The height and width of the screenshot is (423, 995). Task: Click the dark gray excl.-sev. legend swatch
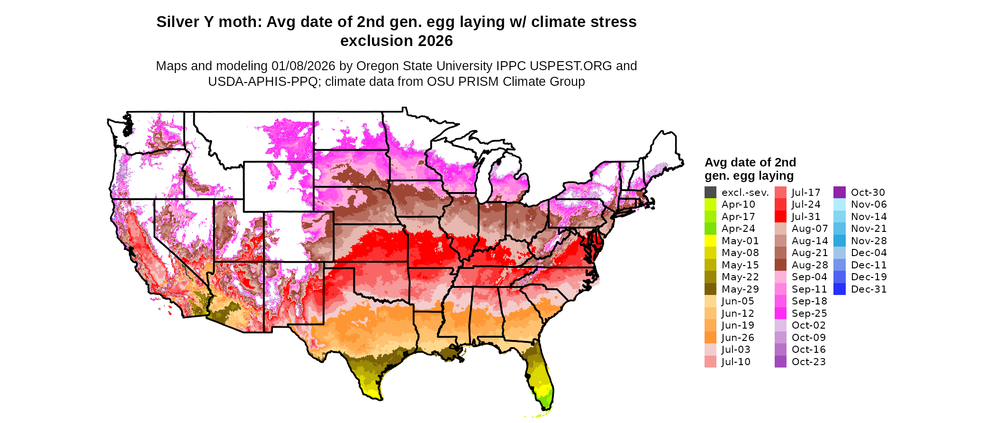pyautogui.click(x=710, y=193)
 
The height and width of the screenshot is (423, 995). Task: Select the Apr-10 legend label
pyautogui.click(x=738, y=204)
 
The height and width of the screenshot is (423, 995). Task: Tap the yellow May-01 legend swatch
pyautogui.click(x=710, y=241)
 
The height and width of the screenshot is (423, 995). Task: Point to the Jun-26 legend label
pyautogui.click(x=738, y=338)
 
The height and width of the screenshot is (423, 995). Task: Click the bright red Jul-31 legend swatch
pyautogui.click(x=780, y=217)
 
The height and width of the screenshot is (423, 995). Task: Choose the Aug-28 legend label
pyautogui.click(x=810, y=265)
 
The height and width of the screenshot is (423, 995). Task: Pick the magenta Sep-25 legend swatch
pyautogui.click(x=780, y=313)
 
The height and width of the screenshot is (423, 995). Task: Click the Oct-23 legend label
pyautogui.click(x=808, y=362)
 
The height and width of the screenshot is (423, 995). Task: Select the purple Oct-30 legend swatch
pyautogui.click(x=839, y=193)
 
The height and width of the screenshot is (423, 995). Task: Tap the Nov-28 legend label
pyautogui.click(x=868, y=241)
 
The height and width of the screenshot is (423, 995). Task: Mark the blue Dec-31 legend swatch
pyautogui.click(x=839, y=289)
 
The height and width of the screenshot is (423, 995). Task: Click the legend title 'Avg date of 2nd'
pyautogui.click(x=750, y=162)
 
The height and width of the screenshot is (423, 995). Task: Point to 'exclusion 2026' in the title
pyautogui.click(x=396, y=41)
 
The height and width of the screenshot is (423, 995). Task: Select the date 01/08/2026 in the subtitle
pyautogui.click(x=303, y=66)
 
